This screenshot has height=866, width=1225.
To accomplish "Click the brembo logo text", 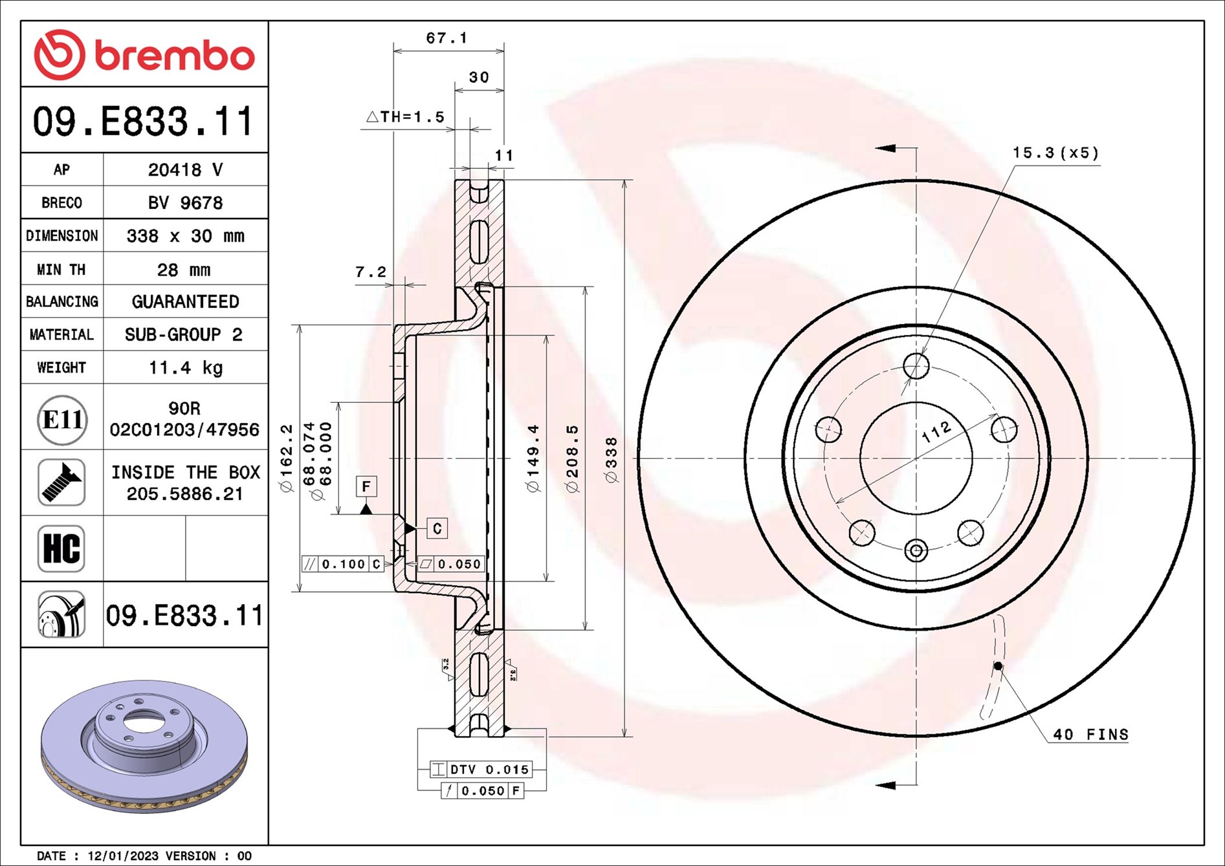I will pyautogui.click(x=175, y=56).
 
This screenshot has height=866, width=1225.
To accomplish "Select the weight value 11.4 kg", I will pyautogui.click(x=186, y=367).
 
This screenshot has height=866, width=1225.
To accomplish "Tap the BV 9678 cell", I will pyautogui.click(x=186, y=202).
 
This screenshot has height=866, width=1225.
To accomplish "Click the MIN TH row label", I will pyautogui.click(x=61, y=269).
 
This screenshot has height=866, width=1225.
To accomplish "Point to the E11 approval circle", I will pyautogui.click(x=61, y=420).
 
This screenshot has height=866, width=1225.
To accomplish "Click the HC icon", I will pyautogui.click(x=61, y=548).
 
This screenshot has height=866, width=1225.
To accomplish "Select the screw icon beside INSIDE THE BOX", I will pyautogui.click(x=61, y=482).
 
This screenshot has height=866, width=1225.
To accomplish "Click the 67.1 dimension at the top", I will pyautogui.click(x=447, y=38).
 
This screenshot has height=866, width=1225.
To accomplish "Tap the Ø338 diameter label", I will pyautogui.click(x=611, y=460).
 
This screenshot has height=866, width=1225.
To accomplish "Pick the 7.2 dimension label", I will pyautogui.click(x=371, y=272).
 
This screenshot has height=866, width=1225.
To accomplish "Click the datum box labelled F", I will pyautogui.click(x=366, y=486).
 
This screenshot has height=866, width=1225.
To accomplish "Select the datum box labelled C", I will pyautogui.click(x=437, y=528).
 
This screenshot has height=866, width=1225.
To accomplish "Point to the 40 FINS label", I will pyautogui.click(x=1090, y=735).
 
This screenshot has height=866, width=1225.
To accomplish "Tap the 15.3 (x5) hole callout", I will pyautogui.click(x=1055, y=153).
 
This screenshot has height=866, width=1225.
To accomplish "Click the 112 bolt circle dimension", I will pyautogui.click(x=936, y=432).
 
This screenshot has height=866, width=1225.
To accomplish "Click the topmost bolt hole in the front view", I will pyautogui.click(x=916, y=366).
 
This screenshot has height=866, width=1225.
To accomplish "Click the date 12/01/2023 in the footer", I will pyautogui.click(x=122, y=856).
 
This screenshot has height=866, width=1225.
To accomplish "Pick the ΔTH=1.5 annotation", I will pyautogui.click(x=406, y=117).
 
